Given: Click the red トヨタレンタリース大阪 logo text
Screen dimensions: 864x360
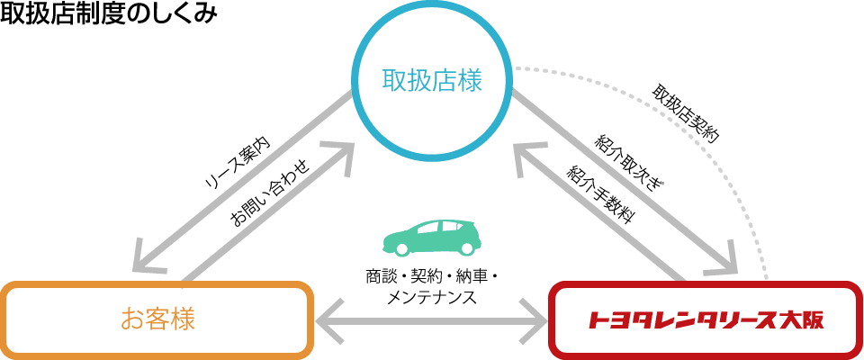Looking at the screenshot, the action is pyautogui.click(x=706, y=319).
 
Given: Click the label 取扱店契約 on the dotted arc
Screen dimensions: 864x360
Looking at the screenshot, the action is pyautogui.click(x=685, y=114).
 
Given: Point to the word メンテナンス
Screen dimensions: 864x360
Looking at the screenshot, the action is pyautogui.click(x=430, y=298).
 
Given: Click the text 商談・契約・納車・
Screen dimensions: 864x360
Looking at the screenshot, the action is pyautogui.click(x=431, y=275).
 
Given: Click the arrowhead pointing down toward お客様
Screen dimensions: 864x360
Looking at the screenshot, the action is pyautogui.click(x=148, y=259).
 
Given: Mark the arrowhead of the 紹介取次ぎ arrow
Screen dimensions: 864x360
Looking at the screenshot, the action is pyautogui.click(x=722, y=258).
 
